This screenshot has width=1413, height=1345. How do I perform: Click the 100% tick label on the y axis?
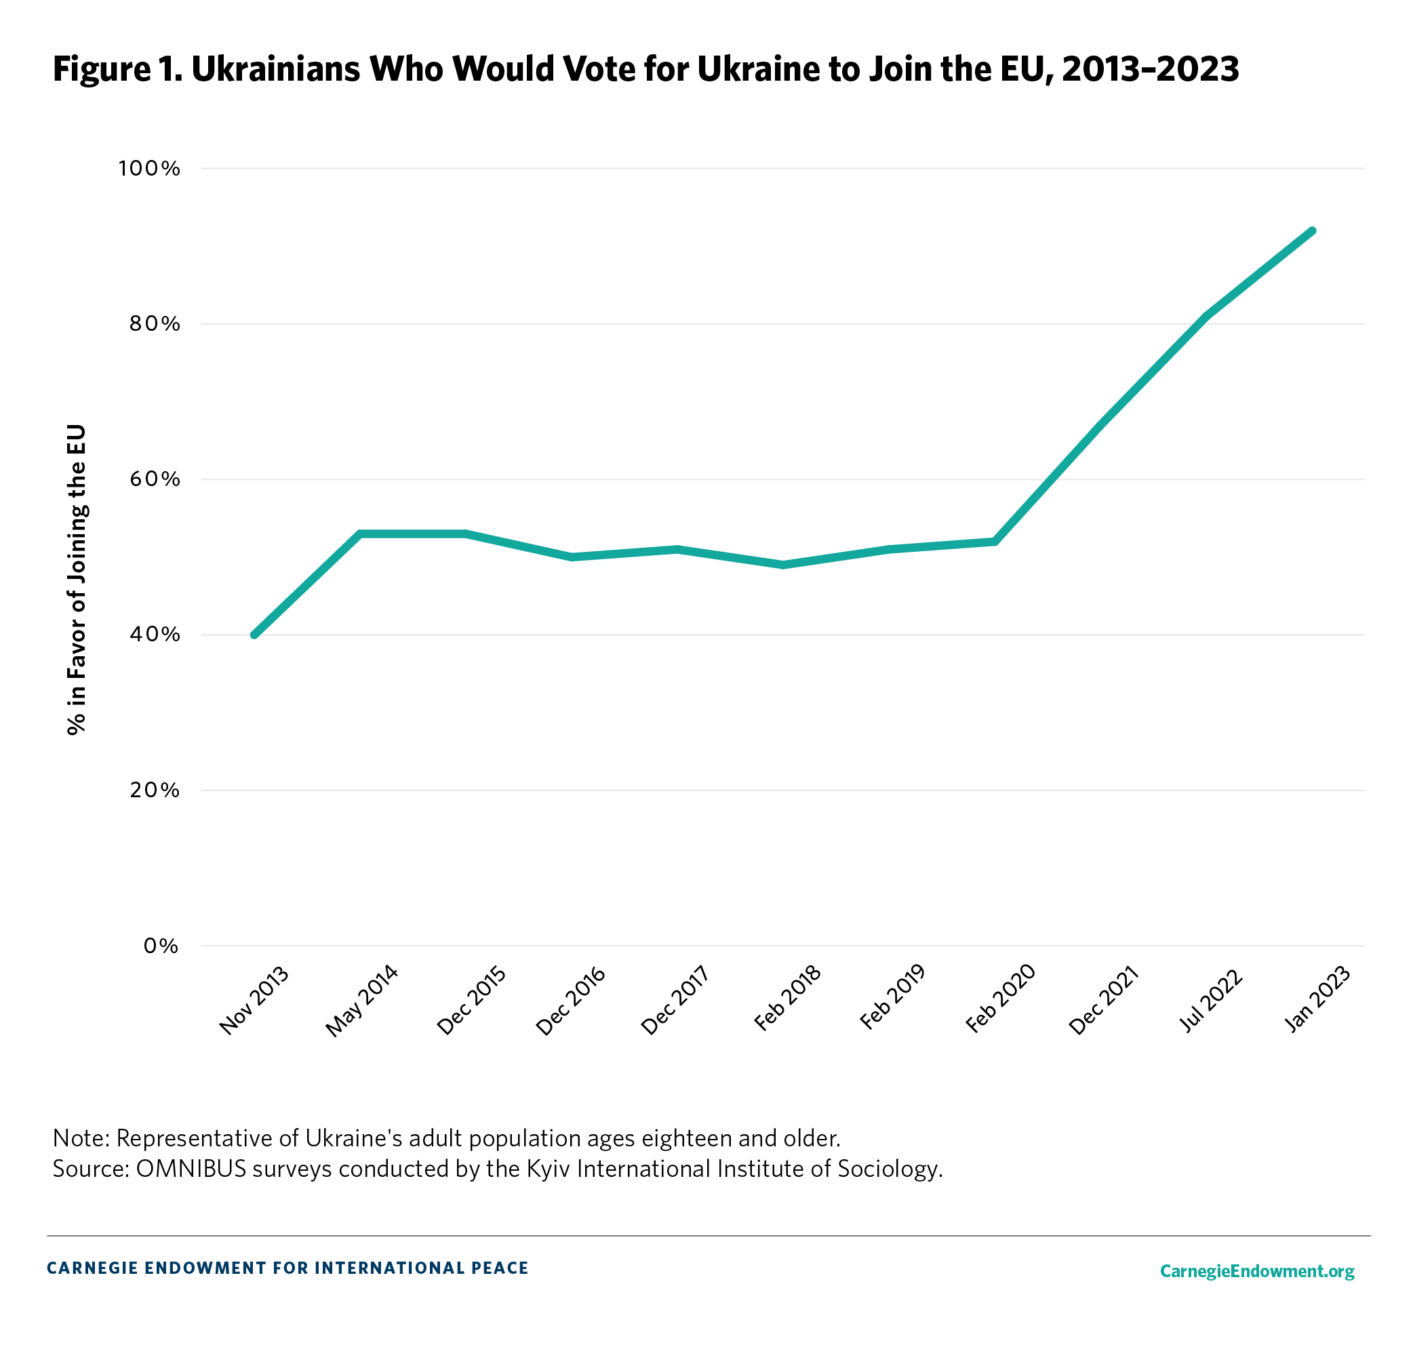[149, 169]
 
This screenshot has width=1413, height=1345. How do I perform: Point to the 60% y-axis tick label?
[154, 480]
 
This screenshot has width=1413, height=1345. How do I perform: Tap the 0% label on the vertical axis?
[161, 946]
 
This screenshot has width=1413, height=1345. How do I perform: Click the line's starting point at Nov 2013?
[254, 635]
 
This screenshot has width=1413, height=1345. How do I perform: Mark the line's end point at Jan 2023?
[1312, 231]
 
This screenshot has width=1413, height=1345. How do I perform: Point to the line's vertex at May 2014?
[361, 534]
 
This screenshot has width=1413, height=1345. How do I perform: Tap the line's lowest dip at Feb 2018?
[784, 565]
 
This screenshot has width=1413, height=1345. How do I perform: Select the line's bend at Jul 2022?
[1208, 316]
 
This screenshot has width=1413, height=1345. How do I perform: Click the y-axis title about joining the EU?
[77, 580]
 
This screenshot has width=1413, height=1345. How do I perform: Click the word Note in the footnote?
[79, 1138]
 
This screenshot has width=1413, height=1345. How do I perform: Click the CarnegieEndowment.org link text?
[1257, 1271]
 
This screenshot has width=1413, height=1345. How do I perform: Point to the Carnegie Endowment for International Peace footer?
[287, 1268]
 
